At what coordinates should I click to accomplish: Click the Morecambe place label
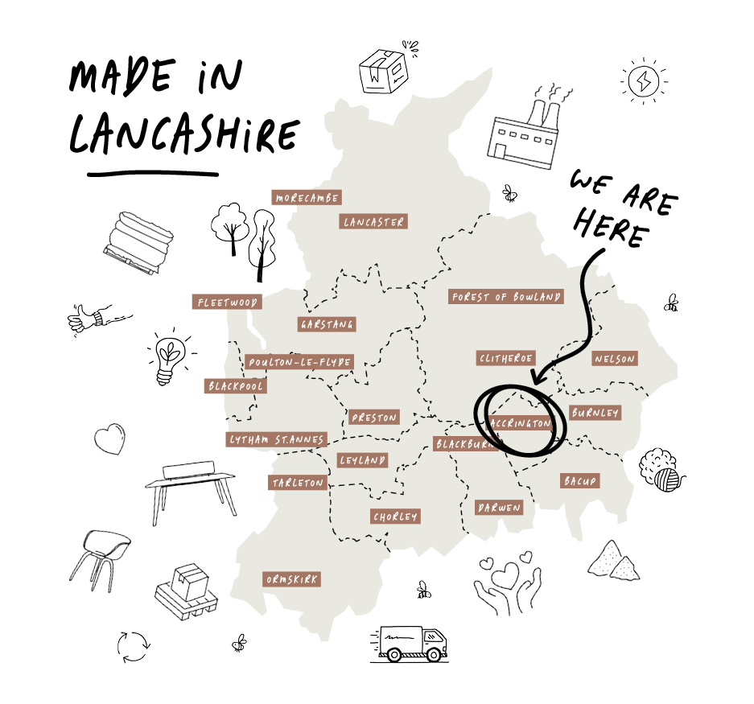click(x=306, y=197)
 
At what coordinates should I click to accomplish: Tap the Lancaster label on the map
click(x=373, y=221)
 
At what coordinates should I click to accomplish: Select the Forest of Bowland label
click(x=505, y=297)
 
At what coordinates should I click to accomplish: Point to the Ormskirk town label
click(x=291, y=579)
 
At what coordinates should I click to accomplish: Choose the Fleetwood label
click(x=227, y=303)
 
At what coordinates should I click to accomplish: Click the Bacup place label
click(x=579, y=480)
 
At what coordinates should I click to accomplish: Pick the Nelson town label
click(x=614, y=359)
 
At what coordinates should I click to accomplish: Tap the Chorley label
click(x=395, y=516)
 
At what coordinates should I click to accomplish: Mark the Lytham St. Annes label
click(x=277, y=439)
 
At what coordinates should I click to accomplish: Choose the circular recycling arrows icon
click(x=134, y=644)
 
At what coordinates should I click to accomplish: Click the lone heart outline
click(x=110, y=439)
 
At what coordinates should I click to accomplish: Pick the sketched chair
click(x=99, y=554)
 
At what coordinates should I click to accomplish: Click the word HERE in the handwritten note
click(x=612, y=229)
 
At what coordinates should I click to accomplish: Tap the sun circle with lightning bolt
click(x=645, y=80)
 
